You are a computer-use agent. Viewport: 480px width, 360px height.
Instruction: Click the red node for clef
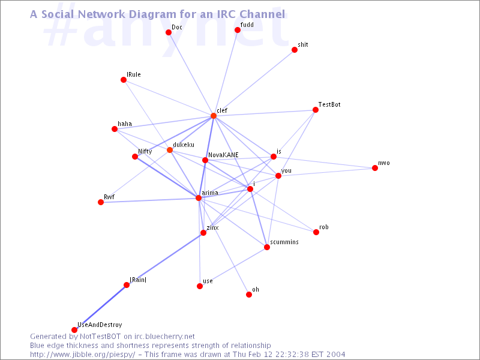(214, 116)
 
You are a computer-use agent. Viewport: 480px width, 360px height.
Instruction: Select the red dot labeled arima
(199, 198)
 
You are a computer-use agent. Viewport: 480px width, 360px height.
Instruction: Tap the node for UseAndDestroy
(74, 329)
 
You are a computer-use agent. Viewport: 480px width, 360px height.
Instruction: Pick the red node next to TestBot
(316, 110)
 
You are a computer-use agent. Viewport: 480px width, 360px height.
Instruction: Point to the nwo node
(374, 168)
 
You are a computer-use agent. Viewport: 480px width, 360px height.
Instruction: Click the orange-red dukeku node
(170, 150)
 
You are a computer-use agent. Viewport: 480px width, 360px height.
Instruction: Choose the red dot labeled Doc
(169, 32)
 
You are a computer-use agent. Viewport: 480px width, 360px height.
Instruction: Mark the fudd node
(237, 29)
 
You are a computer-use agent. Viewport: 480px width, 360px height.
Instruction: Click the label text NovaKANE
(223, 155)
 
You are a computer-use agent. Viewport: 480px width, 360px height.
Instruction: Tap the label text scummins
(284, 242)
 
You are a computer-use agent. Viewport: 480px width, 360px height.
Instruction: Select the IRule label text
(134, 74)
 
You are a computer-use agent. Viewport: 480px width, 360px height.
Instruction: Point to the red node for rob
(316, 232)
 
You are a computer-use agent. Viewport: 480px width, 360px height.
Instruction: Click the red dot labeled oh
(249, 295)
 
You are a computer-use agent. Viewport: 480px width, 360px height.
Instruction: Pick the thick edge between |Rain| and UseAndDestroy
(100, 307)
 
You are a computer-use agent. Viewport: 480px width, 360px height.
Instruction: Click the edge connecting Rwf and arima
(149, 200)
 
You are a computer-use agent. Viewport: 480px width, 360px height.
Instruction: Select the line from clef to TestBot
(265, 113)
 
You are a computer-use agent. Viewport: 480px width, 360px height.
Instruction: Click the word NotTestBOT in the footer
(100, 337)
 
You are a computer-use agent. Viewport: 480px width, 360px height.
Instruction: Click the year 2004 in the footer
(335, 355)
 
